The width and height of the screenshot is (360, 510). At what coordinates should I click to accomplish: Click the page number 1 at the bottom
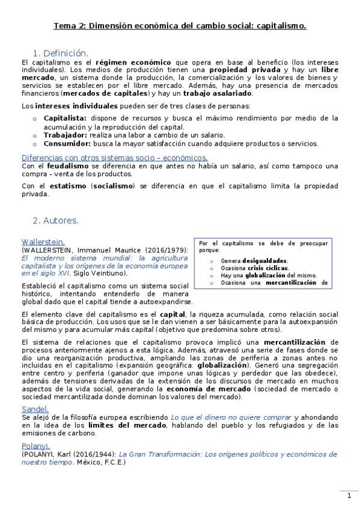click(349, 496)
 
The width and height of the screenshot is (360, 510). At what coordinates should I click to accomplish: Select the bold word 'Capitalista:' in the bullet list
click(66, 118)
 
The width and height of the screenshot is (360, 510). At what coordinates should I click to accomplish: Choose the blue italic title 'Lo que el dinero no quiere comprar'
click(230, 417)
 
